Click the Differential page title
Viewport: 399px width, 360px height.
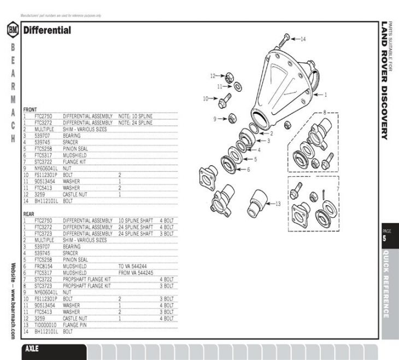coord(47,31)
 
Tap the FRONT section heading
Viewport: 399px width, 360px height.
coord(30,110)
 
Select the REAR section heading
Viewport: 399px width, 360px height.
coord(28,214)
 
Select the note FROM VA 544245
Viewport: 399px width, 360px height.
coord(136,272)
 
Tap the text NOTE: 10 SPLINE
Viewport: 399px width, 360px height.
coord(135,117)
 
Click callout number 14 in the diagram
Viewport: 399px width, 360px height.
coord(303,39)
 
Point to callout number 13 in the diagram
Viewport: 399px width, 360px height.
coord(278,204)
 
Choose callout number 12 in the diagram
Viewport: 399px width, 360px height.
coord(214,76)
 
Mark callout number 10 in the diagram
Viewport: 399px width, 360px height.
coord(206,99)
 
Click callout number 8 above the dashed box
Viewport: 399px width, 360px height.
coord(324,112)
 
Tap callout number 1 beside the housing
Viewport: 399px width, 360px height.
coord(326,94)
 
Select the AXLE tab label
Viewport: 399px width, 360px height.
coord(32,349)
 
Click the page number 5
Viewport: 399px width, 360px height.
coord(384,239)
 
